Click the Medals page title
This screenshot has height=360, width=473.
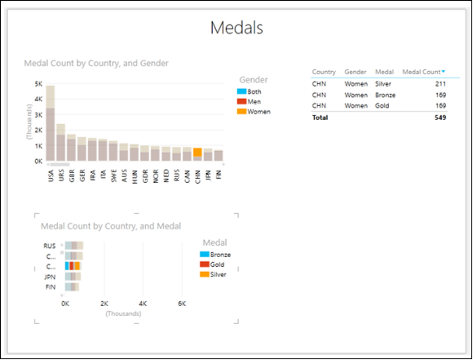[x=236, y=29]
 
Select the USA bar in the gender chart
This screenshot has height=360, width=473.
[x=51, y=122]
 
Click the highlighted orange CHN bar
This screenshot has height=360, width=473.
[x=197, y=155]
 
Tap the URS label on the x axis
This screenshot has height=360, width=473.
[x=61, y=177]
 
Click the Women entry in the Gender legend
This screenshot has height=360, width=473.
[x=258, y=111]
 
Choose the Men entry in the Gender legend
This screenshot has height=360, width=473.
[x=254, y=101]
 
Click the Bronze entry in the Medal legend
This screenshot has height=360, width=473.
[x=219, y=254]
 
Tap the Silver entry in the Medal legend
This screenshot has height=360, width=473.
[x=217, y=273]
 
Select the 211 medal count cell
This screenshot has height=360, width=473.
[x=440, y=82]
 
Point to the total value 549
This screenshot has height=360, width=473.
[x=440, y=118]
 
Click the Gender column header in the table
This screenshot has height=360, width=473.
[x=355, y=72]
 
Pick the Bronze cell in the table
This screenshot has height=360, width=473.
[x=386, y=94]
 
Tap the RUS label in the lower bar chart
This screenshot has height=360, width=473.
[x=50, y=245]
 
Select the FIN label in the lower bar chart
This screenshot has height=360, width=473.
[x=51, y=287]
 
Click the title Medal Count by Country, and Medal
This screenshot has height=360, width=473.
[x=111, y=226]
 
